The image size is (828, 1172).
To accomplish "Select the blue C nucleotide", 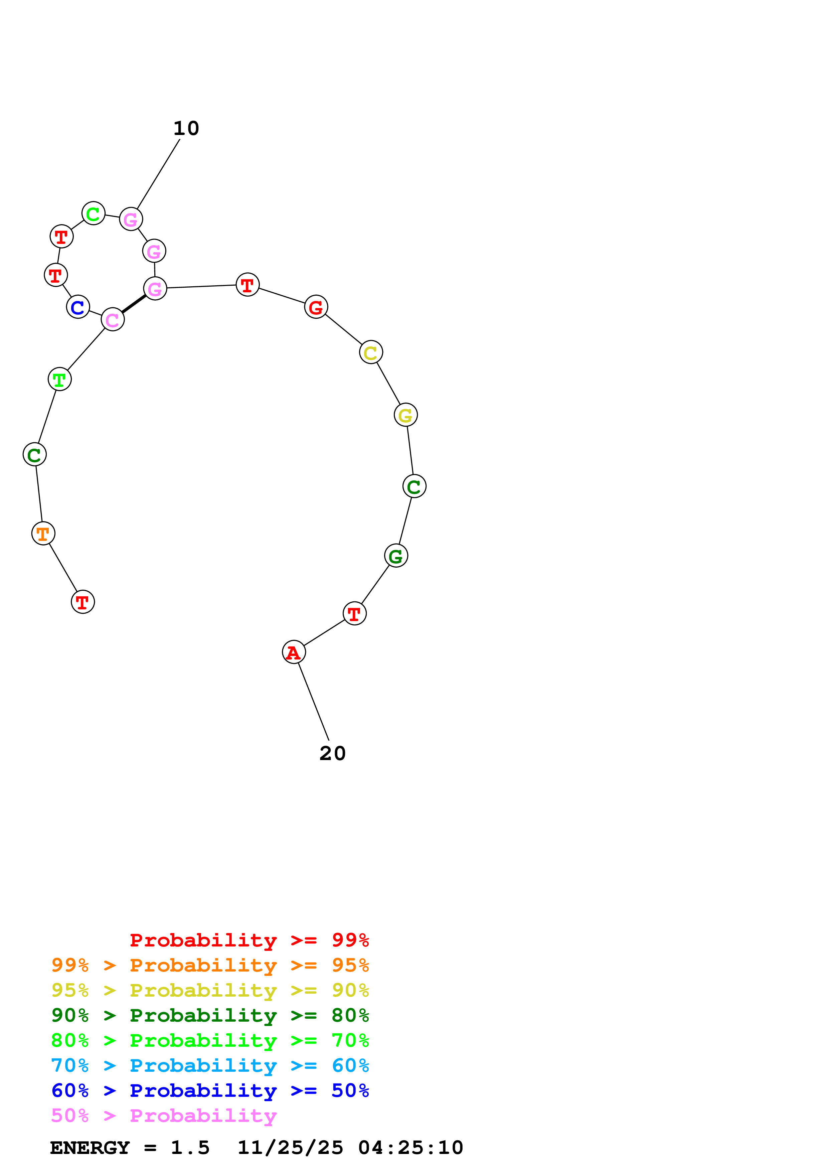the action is [78, 307].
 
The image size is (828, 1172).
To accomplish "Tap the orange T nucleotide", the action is [43, 534].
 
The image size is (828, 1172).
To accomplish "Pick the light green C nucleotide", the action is [94, 213].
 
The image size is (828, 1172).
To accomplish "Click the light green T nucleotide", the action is [60, 379].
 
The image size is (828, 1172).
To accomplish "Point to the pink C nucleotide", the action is [113, 319].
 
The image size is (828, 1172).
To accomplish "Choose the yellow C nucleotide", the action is [371, 352].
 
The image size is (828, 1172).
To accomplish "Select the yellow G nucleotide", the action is [405, 415].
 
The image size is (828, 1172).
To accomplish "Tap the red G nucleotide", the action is [316, 307].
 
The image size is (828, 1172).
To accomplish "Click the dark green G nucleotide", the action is [396, 556].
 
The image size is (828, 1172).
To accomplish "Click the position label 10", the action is [186, 128].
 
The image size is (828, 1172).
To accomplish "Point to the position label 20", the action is [333, 753].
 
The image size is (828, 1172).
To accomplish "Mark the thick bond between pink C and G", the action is [134, 304].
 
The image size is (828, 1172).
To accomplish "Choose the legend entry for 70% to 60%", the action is [210, 1066].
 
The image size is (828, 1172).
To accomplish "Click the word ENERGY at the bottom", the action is [90, 1148].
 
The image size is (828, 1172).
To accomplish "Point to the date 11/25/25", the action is [290, 1148].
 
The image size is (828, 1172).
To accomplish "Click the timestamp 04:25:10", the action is [411, 1148].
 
